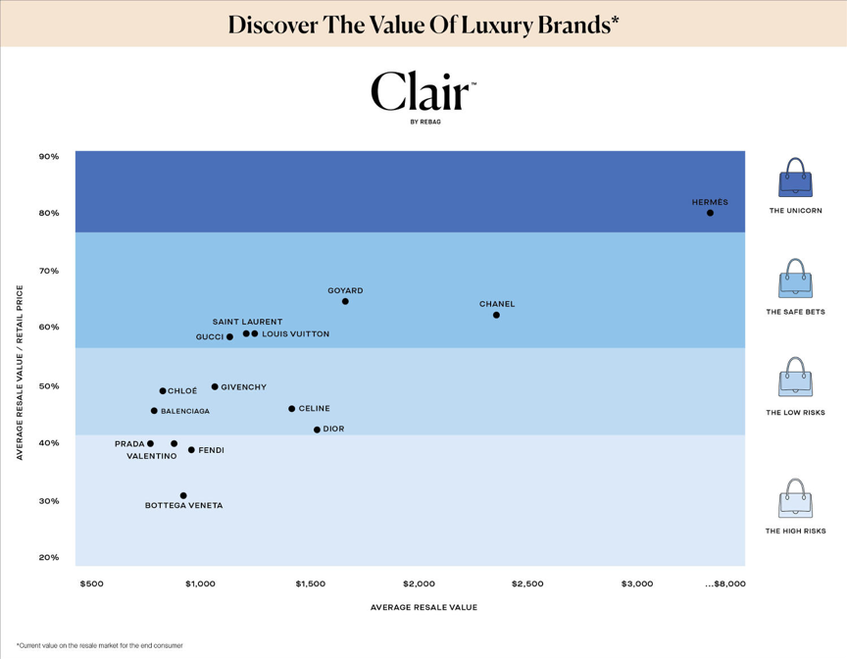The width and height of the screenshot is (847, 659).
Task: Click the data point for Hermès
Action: click(x=710, y=213)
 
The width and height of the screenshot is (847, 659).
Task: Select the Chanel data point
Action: click(x=496, y=315)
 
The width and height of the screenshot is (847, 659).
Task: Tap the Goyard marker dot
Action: click(x=345, y=301)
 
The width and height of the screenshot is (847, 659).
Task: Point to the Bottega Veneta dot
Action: click(x=183, y=495)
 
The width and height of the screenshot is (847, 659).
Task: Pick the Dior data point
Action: click(x=317, y=430)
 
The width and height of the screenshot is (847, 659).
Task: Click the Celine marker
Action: click(x=292, y=409)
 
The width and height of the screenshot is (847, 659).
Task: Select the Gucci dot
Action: click(x=230, y=336)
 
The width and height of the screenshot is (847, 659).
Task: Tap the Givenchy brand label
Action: click(x=243, y=387)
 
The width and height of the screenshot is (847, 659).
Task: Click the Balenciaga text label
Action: click(x=185, y=412)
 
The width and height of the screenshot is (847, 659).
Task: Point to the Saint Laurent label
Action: click(x=247, y=322)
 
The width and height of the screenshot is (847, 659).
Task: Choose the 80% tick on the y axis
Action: click(x=49, y=213)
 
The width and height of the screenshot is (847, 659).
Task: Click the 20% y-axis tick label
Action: click(x=49, y=557)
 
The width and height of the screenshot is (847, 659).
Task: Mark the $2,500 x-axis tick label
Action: click(x=527, y=583)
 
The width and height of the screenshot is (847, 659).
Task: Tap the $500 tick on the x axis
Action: click(x=91, y=583)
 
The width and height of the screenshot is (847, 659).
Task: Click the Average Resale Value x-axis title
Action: click(x=423, y=607)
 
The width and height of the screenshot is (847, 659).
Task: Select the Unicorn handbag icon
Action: click(x=795, y=178)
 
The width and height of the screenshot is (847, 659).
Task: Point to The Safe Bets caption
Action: click(x=795, y=312)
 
